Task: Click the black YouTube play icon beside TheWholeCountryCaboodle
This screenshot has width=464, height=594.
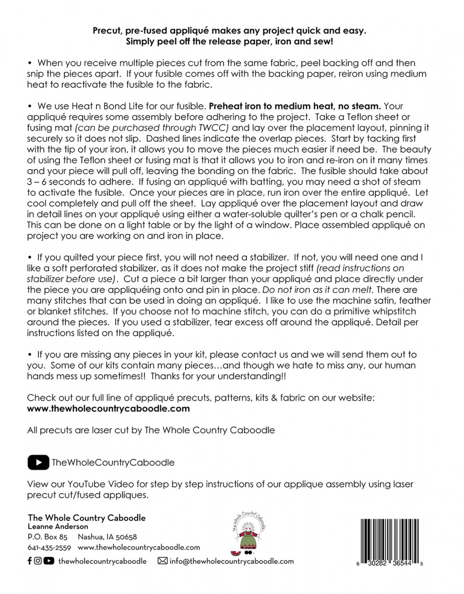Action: click(x=38, y=462)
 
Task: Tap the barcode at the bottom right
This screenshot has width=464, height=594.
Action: click(x=390, y=539)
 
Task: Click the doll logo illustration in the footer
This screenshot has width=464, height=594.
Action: click(x=249, y=533)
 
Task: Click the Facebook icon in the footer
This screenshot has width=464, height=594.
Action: click(x=30, y=561)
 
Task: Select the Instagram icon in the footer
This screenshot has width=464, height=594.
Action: click(x=38, y=561)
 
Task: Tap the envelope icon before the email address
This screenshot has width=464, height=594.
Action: click(x=162, y=561)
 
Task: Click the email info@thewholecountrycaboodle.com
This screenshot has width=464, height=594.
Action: click(x=231, y=561)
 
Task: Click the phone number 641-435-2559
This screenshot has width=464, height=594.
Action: click(x=49, y=548)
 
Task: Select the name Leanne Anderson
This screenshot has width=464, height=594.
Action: click(x=58, y=526)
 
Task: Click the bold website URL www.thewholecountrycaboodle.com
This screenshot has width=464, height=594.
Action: click(x=108, y=408)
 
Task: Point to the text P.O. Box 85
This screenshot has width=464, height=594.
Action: click(x=48, y=537)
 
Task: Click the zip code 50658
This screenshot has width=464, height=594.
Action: click(x=126, y=537)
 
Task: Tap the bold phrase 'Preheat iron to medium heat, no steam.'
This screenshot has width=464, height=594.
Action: click(x=295, y=106)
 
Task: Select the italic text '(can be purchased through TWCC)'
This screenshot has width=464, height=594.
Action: click(x=153, y=128)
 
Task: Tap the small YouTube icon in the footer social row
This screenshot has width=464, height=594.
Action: click(x=49, y=561)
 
